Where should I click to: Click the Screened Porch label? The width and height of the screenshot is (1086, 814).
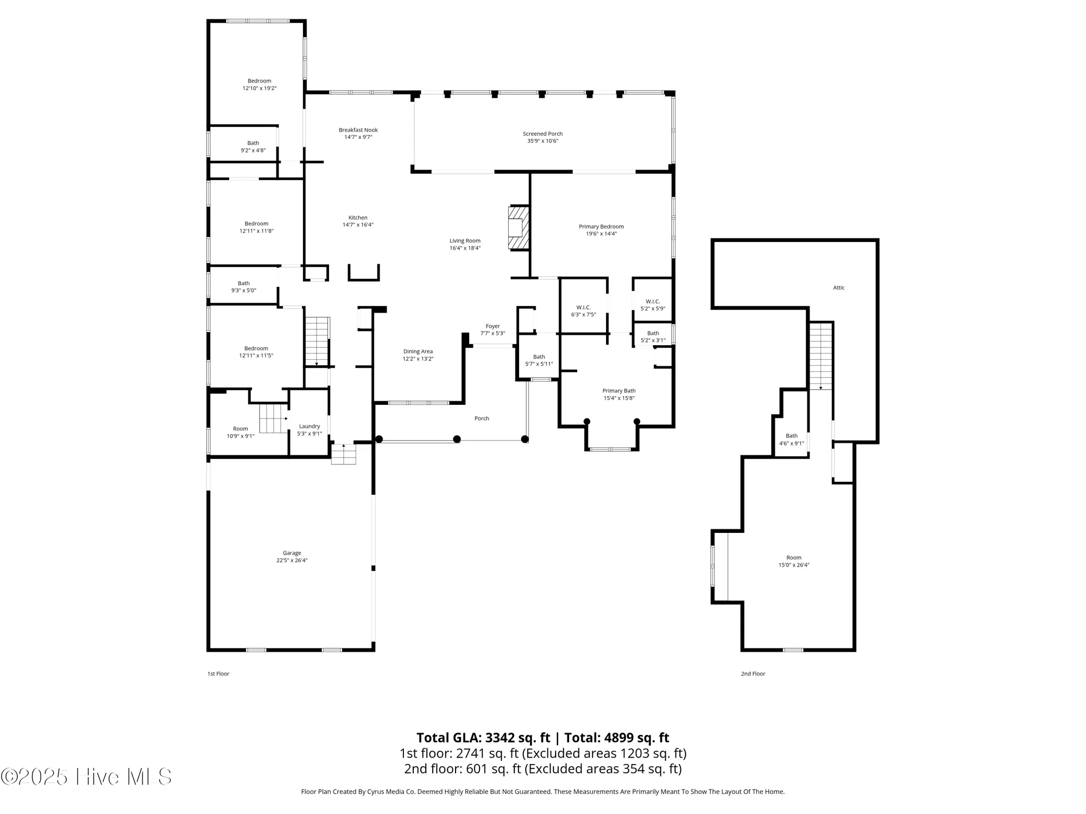click(x=542, y=133)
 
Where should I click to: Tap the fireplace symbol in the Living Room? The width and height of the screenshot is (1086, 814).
click(x=518, y=227)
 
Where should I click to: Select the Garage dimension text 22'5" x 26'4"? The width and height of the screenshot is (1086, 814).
click(x=292, y=561)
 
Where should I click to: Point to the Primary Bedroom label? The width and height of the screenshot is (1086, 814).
click(x=601, y=226)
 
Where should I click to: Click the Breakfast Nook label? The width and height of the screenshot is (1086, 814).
click(x=358, y=130)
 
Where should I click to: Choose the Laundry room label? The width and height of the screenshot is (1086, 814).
click(x=310, y=426)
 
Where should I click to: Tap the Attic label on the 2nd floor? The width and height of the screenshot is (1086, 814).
click(x=838, y=288)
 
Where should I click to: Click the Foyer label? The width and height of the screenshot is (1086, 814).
click(x=493, y=326)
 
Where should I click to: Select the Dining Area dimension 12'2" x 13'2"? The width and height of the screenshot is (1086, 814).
click(x=418, y=359)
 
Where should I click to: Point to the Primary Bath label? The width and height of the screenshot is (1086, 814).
click(x=618, y=391)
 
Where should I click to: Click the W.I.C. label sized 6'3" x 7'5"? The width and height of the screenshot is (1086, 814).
click(x=583, y=307)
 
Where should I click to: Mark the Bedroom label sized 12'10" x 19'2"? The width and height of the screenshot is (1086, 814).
click(x=259, y=81)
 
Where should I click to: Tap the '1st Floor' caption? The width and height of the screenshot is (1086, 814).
click(x=218, y=673)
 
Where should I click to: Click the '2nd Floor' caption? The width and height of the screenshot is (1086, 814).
click(x=753, y=673)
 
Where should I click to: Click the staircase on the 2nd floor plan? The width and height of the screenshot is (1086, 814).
click(x=820, y=355)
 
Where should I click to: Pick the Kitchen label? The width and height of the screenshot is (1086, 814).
click(x=358, y=218)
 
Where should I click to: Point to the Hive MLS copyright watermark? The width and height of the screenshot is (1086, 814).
click(x=86, y=777)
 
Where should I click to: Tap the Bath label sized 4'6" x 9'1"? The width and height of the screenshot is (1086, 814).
click(x=791, y=436)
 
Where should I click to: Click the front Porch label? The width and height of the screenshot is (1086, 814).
click(x=482, y=418)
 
